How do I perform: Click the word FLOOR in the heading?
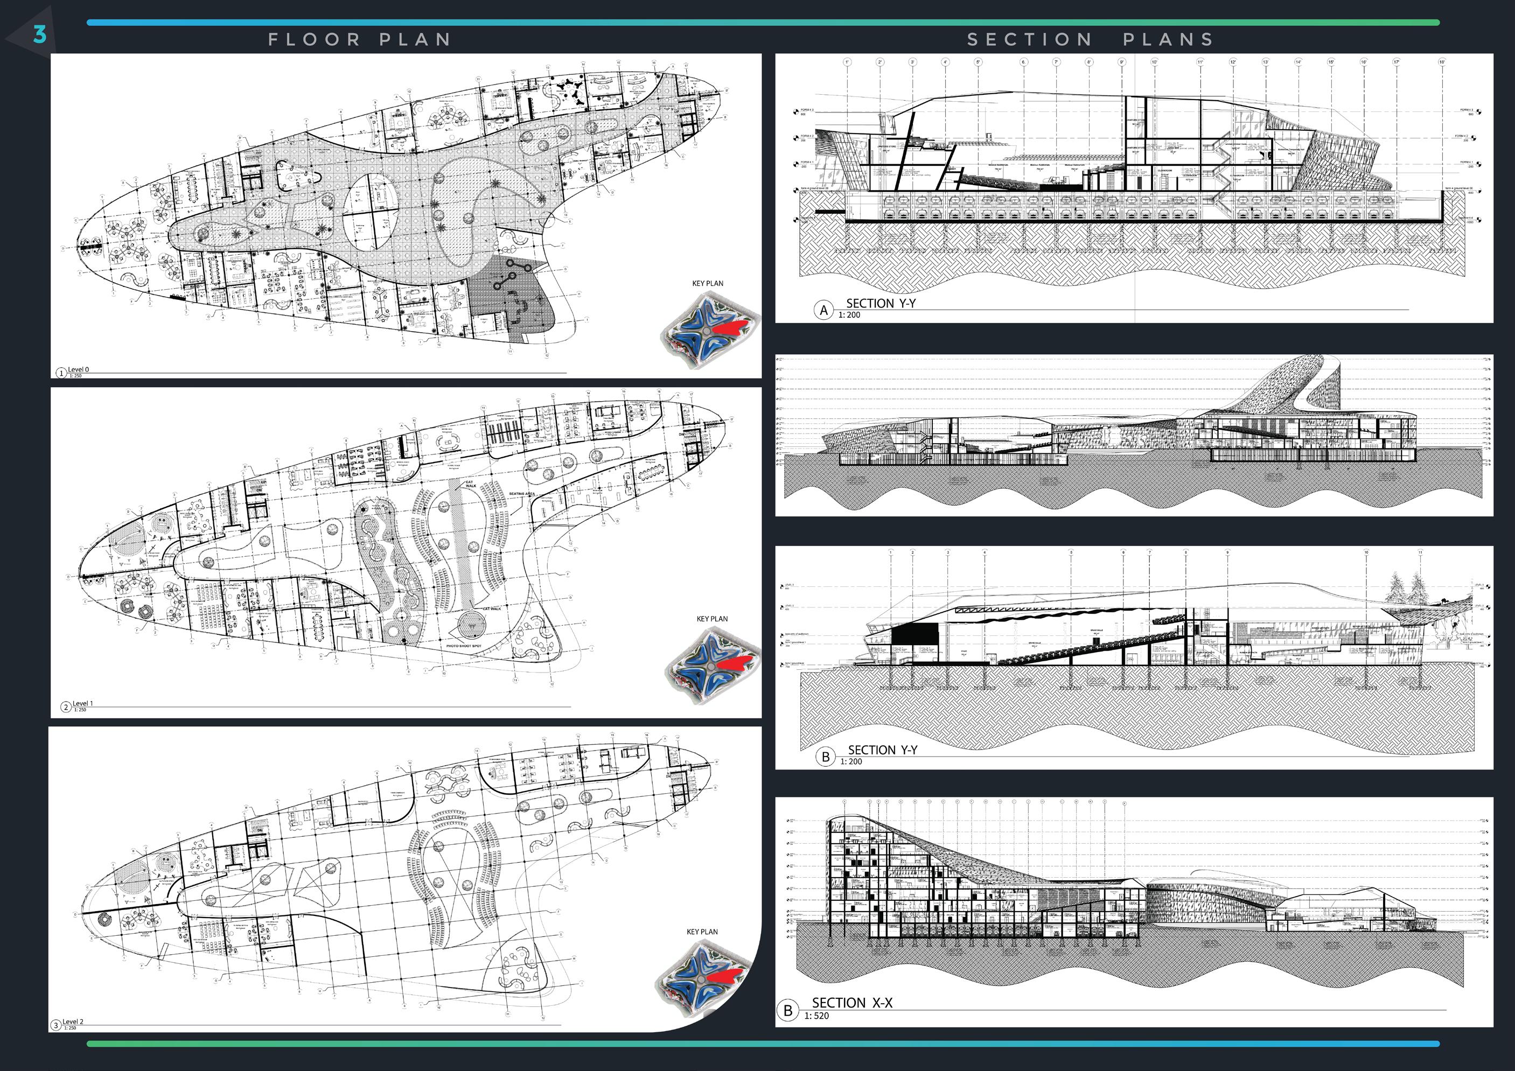tap(314, 40)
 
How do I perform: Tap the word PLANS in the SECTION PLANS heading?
tap(1168, 40)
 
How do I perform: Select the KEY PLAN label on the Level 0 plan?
tap(707, 284)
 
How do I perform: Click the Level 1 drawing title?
tap(82, 703)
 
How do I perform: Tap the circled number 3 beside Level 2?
tap(56, 1025)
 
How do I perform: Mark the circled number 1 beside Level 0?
tap(61, 373)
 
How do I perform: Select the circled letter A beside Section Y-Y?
tap(823, 310)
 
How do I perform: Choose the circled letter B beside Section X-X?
tap(787, 1010)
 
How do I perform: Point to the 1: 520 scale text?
tap(816, 1016)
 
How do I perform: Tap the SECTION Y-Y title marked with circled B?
tap(882, 750)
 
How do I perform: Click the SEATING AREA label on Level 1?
tap(522, 494)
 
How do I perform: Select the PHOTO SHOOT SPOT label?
tap(464, 646)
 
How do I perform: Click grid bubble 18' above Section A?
tap(1442, 62)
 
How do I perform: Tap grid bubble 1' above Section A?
tap(847, 62)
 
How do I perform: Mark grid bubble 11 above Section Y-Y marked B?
tap(1420, 553)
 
